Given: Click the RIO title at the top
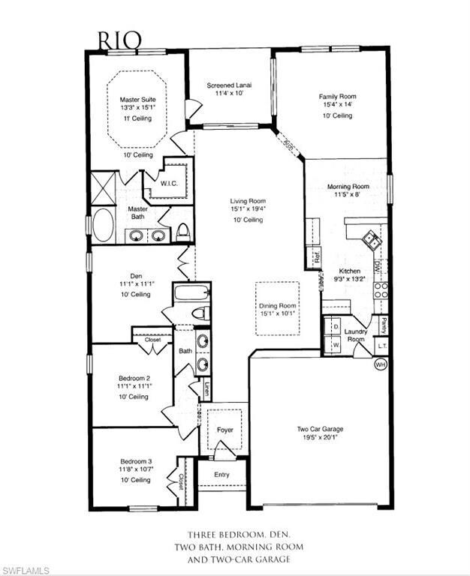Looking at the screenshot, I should click(118, 39).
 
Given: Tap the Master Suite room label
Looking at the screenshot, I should click(137, 98).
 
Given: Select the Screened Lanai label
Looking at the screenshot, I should click(229, 85).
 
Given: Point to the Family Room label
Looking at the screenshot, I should click(337, 97).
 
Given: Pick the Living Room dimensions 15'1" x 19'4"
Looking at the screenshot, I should click(247, 209).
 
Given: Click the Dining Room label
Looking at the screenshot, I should click(277, 306).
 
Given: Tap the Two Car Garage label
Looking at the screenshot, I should click(319, 429).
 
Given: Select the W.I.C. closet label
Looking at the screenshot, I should click(168, 183).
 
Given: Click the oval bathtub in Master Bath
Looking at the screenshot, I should click(102, 224).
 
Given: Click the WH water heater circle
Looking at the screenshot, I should click(380, 364).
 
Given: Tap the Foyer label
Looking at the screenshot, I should click(224, 430).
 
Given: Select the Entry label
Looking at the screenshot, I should click(221, 474).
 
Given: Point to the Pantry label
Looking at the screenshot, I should click(384, 325).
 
